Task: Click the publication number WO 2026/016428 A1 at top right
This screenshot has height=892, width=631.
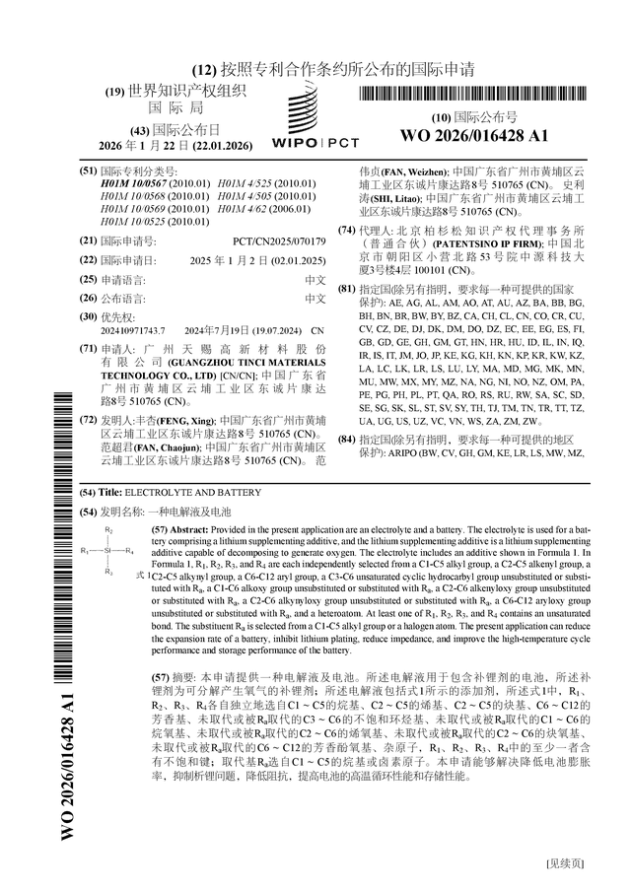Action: [475, 136]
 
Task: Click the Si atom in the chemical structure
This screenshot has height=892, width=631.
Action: [109, 550]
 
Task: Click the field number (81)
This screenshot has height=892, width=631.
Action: [345, 290]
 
